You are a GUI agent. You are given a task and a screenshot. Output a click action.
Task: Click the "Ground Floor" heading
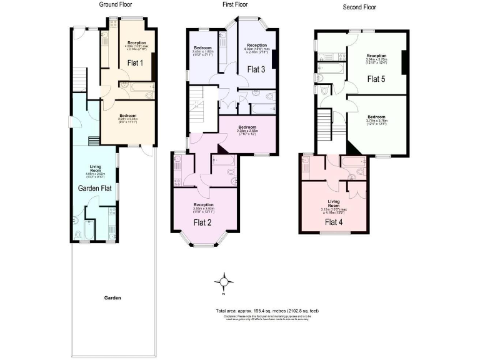[116, 4]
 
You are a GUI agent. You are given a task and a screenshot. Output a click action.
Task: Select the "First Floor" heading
[236, 4]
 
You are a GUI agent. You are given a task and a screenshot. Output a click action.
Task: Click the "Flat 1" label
[135, 62]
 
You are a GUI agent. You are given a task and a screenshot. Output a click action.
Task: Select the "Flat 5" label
[377, 79]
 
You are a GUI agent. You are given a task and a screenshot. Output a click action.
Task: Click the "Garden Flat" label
[94, 187]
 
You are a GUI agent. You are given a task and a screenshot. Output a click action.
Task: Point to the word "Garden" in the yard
[113, 298]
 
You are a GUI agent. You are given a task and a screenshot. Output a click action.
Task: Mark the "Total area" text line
[267, 311]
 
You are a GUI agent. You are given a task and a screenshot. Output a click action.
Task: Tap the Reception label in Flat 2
[203, 205]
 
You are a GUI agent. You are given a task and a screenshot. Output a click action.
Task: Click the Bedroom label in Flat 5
[376, 117]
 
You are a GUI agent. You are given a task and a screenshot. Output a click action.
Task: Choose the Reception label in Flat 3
[257, 45]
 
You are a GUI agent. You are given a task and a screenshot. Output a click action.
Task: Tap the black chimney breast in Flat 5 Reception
[404, 62]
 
